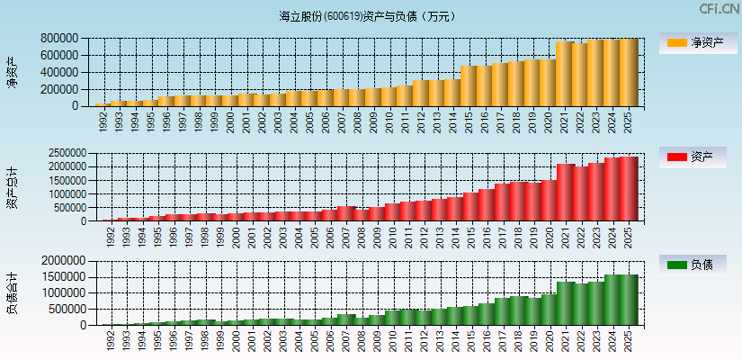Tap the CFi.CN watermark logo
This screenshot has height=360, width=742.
[719, 9]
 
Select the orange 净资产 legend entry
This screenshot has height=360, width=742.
[693, 43]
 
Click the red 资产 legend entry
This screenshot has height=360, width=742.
[693, 157]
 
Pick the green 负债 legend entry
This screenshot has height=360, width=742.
[693, 265]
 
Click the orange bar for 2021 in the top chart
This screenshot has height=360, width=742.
[565, 74]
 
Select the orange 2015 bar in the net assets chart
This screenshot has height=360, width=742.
[469, 85]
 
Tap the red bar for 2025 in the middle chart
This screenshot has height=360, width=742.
[629, 189]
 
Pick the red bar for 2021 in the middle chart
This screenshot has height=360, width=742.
[565, 193]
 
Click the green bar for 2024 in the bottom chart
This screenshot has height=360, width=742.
[612, 300]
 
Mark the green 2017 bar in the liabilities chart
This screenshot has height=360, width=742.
[501, 311]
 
